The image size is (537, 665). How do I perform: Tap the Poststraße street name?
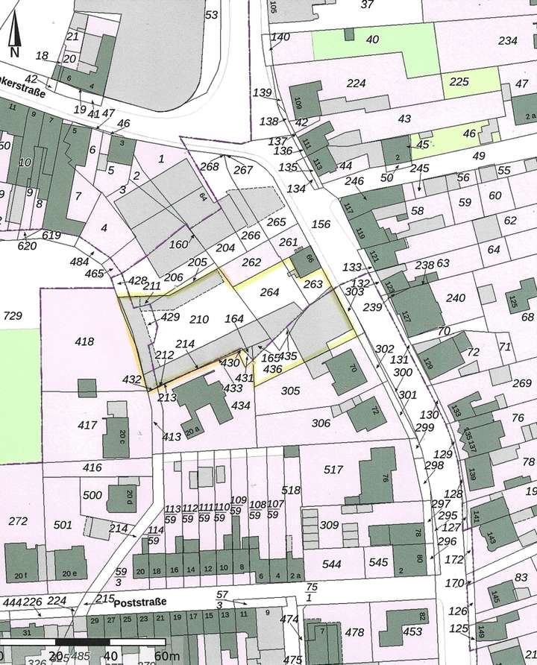144,601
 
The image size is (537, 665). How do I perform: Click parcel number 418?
85,341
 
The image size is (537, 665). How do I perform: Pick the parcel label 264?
269,292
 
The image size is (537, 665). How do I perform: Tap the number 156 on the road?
321,224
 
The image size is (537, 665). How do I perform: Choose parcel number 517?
333,469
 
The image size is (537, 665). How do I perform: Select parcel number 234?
508,40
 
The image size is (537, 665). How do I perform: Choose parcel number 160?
179,244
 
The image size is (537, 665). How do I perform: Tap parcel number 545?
379,562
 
